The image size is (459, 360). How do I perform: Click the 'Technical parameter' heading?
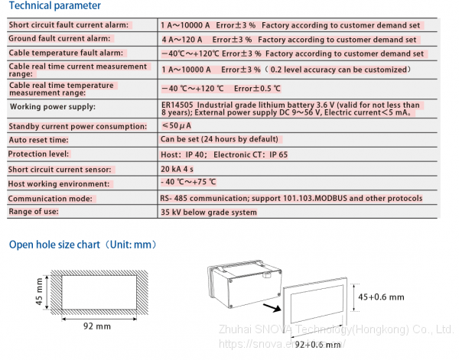(54, 6)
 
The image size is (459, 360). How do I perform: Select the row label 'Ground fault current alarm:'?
(60, 38)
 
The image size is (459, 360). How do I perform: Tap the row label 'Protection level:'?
(38, 154)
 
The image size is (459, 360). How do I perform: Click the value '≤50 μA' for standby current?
(177, 125)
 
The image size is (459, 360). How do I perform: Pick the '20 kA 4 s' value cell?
(183, 169)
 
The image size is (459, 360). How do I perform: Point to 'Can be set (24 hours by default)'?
(221, 140)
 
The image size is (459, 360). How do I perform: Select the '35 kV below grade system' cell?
(209, 212)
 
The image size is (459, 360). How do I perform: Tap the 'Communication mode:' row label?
(50, 198)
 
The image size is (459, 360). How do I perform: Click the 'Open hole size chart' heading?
(83, 245)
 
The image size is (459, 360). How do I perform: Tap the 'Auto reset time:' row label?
(39, 141)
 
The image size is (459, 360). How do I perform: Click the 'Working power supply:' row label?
(52, 107)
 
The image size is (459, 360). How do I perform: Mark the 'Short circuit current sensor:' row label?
(60, 169)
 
